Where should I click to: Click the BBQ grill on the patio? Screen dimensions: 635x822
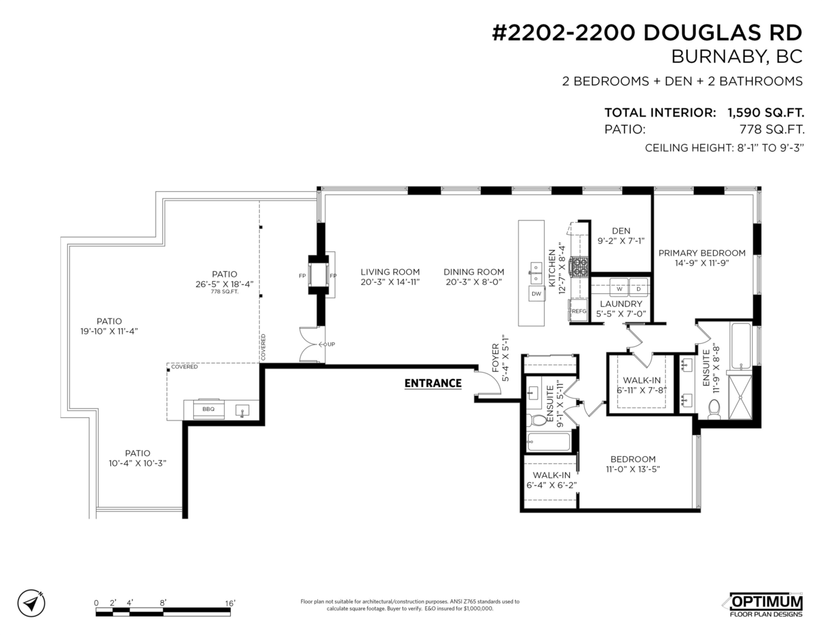(x=208, y=409)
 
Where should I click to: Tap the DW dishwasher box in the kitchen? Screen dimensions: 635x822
(x=537, y=294)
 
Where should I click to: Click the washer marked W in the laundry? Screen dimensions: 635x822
(x=619, y=288)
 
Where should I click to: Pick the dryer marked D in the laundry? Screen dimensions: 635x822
(x=638, y=288)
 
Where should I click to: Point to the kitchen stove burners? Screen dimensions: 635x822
(x=580, y=264)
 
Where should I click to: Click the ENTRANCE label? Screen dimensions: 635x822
(x=432, y=383)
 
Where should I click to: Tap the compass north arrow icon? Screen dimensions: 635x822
(x=31, y=603)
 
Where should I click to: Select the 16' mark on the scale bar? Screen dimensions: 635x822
(x=230, y=603)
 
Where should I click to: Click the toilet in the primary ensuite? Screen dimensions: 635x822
(x=714, y=410)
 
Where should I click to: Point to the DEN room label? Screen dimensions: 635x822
(x=621, y=231)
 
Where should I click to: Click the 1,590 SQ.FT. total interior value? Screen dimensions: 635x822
(x=765, y=112)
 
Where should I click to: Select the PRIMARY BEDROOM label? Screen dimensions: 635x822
(x=701, y=253)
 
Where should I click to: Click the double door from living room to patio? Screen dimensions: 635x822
(x=312, y=344)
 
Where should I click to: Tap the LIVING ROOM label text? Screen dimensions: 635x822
(x=390, y=272)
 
